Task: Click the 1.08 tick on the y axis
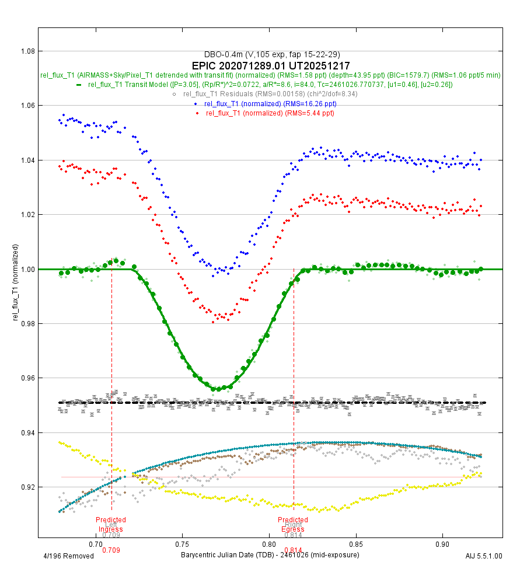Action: coord(26,51)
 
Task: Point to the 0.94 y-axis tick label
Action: coord(26,432)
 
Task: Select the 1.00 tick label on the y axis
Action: coord(26,269)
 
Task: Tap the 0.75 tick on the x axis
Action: coord(182,543)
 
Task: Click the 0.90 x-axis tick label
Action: coord(442,543)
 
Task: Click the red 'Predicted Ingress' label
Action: coord(111,524)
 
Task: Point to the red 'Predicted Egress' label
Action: coord(293,524)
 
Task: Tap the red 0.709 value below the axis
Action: coord(111,550)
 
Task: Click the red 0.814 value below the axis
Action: coord(293,550)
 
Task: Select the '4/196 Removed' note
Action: coord(69,556)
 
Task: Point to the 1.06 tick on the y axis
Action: coord(26,106)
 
